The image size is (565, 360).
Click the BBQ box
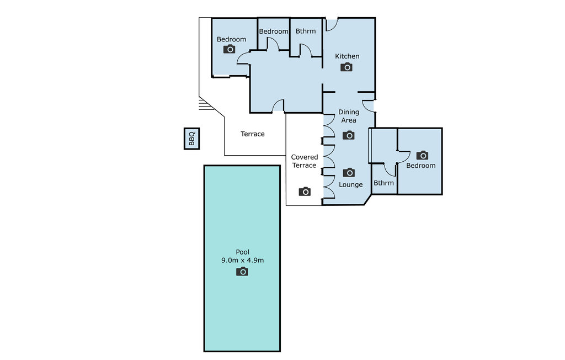click(x=191, y=139)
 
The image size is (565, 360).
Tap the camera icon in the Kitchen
click(x=347, y=67)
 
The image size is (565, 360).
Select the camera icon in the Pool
click(x=242, y=271)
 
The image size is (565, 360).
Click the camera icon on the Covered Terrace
click(x=305, y=192)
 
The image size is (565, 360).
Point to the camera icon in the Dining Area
click(x=349, y=135)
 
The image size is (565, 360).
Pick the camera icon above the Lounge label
click(x=349, y=172)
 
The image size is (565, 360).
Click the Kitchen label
click(x=347, y=56)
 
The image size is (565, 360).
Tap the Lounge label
click(x=350, y=184)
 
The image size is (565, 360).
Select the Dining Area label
click(x=349, y=116)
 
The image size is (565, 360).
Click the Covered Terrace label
click(x=305, y=161)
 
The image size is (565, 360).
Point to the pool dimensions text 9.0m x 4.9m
click(x=243, y=260)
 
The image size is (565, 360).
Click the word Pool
click(x=243, y=252)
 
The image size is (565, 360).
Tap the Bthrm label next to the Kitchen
click(x=306, y=31)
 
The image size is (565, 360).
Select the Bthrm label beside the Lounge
click(x=384, y=183)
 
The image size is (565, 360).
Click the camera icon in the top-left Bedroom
click(x=229, y=49)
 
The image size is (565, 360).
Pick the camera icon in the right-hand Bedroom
click(x=422, y=155)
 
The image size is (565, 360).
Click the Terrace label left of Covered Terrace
click(x=253, y=134)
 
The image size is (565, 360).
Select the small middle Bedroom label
click(x=274, y=31)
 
